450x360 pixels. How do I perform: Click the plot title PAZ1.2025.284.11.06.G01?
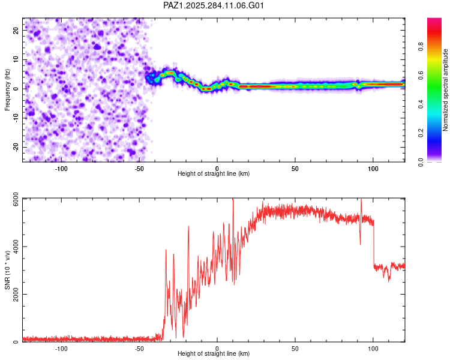point(214,5)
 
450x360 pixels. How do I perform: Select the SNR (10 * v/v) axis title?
point(7,269)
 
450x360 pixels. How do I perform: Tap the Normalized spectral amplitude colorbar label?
point(446,90)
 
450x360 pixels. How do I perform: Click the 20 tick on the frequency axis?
point(16,29)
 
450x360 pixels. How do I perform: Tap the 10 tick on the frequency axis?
point(16,59)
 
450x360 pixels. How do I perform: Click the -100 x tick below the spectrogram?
point(61,169)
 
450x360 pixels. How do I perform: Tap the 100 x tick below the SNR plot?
point(373,349)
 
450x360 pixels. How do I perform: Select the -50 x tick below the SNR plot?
point(139,349)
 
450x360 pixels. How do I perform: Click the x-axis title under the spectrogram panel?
point(214,174)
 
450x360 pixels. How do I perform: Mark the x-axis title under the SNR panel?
point(214,355)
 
